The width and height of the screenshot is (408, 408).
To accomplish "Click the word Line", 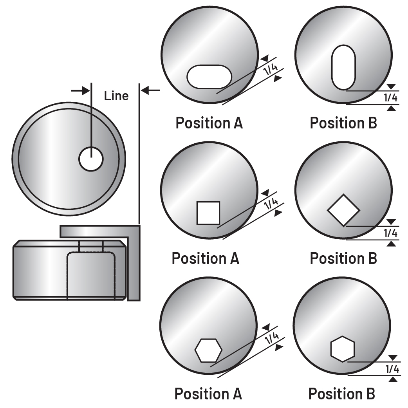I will [x=116, y=96].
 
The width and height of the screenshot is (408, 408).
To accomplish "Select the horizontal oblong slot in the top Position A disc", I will [x=209, y=76].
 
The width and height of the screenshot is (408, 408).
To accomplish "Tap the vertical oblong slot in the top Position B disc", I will [x=343, y=67].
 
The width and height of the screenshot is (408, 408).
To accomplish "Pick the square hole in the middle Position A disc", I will [x=208, y=213].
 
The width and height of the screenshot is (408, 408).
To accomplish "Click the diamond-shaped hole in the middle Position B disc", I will [x=343, y=210].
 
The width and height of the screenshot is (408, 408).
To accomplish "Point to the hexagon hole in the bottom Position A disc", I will [x=208, y=350].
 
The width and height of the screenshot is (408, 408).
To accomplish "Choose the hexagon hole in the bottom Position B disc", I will [x=343, y=348].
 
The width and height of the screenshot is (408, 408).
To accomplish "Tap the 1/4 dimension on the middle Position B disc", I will [x=391, y=233].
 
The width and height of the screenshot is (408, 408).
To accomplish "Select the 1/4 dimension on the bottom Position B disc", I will [x=392, y=369].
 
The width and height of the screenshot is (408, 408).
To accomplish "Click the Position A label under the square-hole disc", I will [x=206, y=258].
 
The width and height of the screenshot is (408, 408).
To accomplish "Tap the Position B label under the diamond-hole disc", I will [x=343, y=258].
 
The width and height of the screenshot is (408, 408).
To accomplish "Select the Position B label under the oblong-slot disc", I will [x=343, y=123].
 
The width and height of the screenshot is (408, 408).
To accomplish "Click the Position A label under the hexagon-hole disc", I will [x=208, y=394].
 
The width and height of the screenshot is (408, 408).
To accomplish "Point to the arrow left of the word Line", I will [x=80, y=90].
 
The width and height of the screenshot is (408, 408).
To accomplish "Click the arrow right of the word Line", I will [x=150, y=90].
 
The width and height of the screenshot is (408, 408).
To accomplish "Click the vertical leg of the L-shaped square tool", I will [x=134, y=266].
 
